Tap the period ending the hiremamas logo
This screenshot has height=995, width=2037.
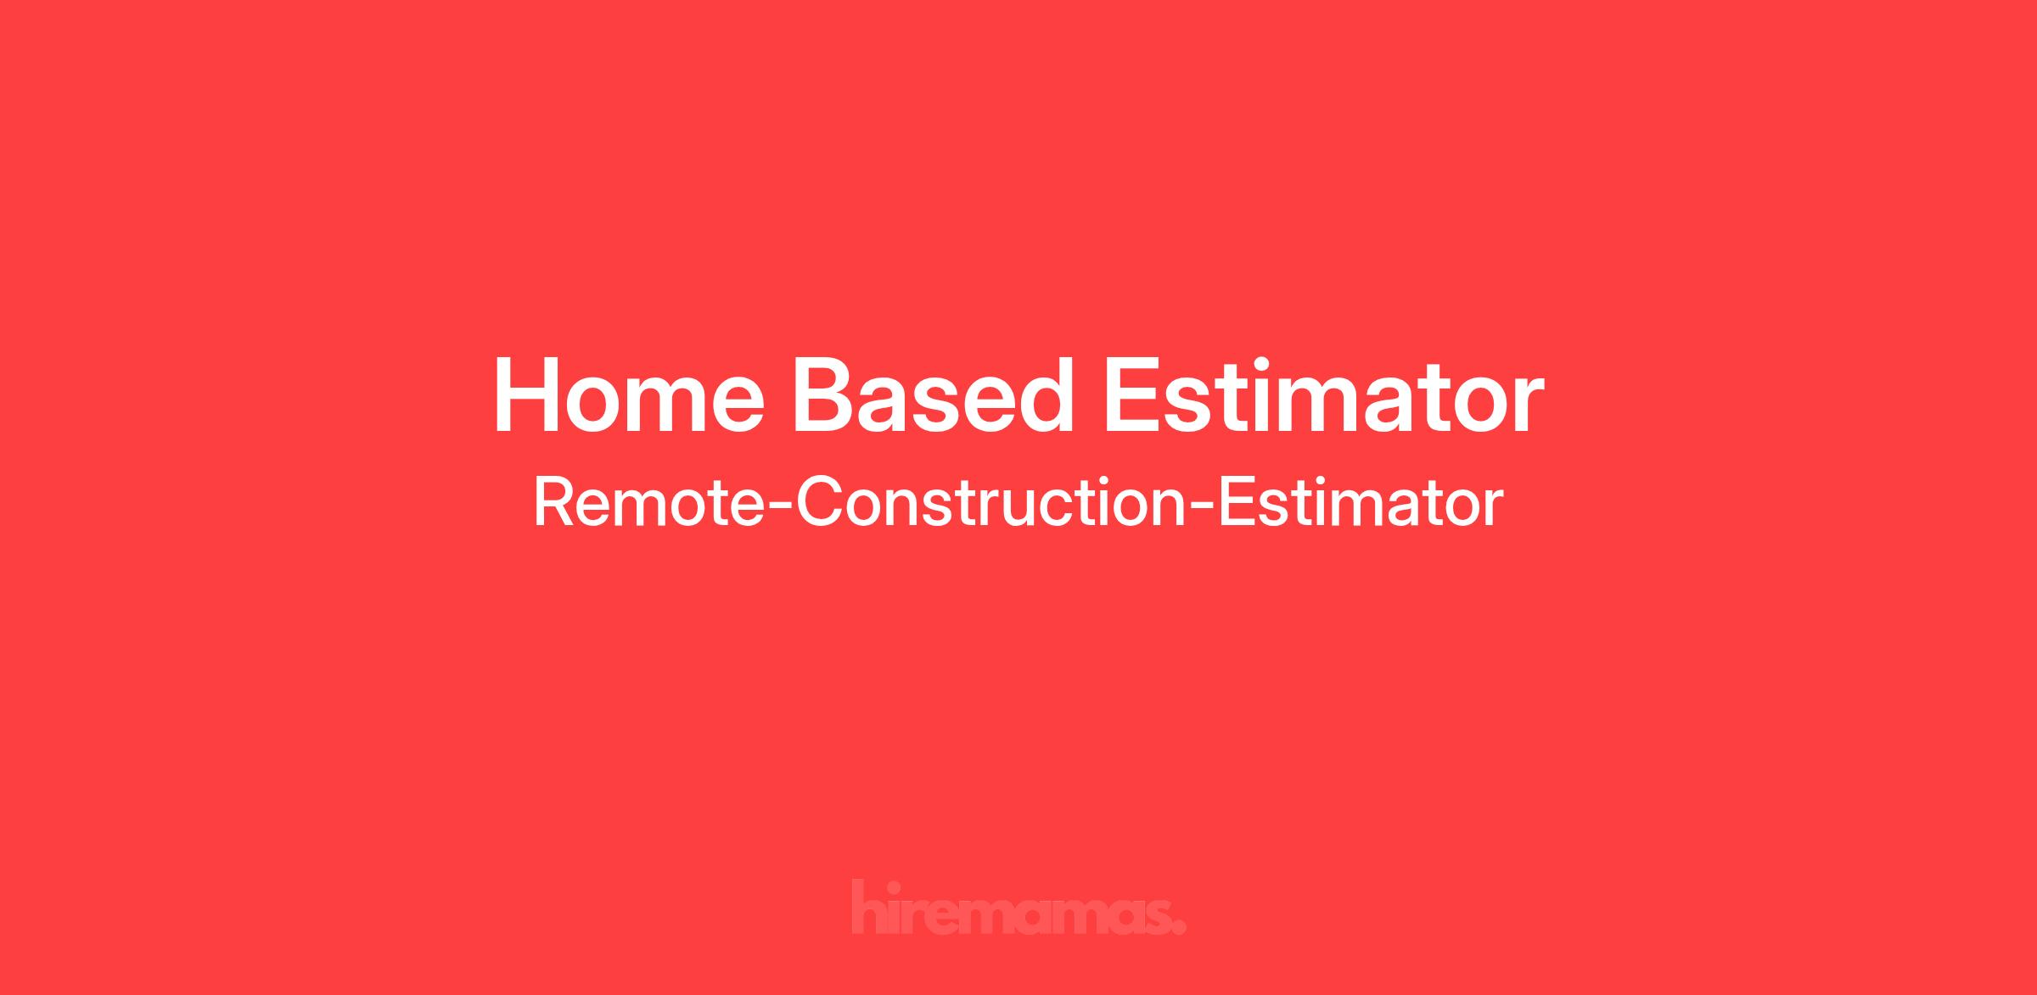[x=1179, y=928]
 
